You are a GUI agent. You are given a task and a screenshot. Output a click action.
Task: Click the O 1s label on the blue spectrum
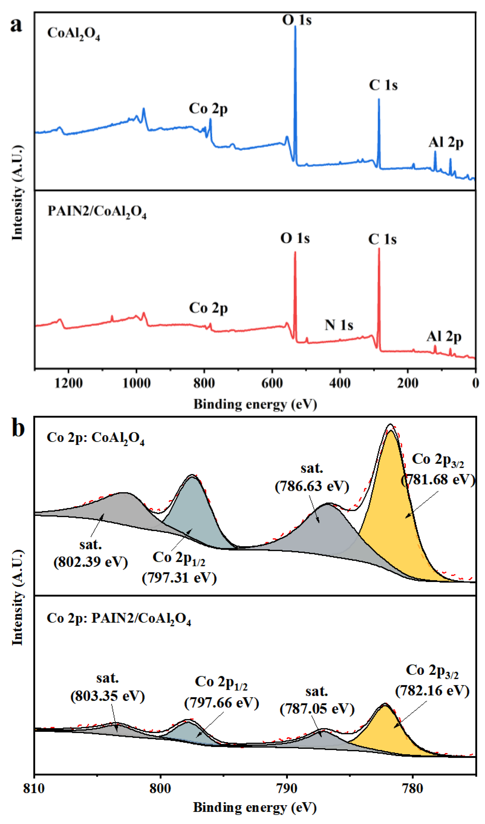(297, 20)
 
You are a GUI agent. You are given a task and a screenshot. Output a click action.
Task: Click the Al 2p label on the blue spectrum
(446, 143)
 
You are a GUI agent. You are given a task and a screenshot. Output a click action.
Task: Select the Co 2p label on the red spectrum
(208, 308)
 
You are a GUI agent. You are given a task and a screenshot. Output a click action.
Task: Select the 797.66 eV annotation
(221, 703)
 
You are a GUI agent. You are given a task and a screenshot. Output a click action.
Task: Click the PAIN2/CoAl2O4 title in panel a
(97, 211)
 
